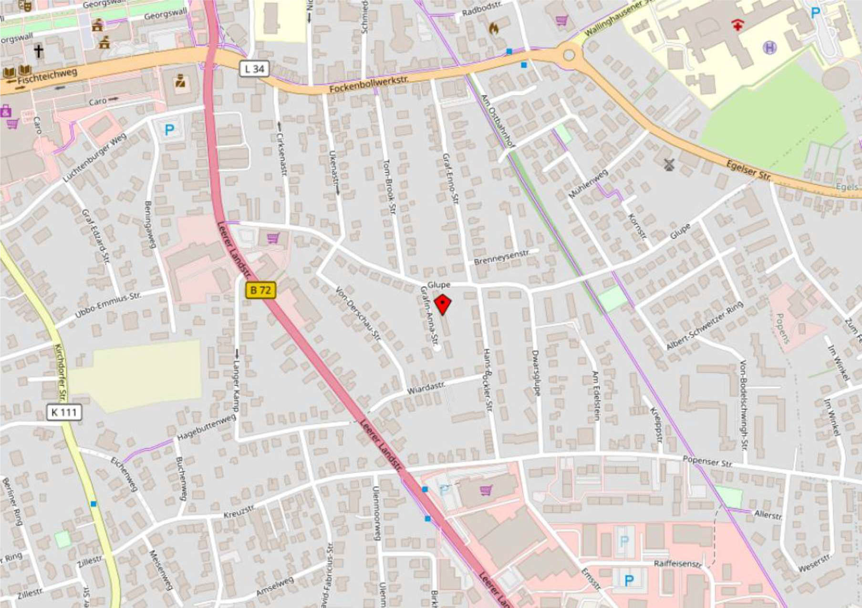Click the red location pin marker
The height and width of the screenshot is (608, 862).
443,304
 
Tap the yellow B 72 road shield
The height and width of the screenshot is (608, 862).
260,290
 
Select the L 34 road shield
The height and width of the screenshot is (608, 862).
254,69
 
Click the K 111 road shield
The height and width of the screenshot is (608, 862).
64,412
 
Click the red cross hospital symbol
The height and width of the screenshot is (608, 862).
737,25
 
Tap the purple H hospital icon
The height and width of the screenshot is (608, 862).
769,47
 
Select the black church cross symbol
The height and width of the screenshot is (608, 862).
38,51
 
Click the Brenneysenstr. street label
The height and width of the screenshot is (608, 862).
501,257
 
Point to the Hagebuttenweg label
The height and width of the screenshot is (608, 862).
207,427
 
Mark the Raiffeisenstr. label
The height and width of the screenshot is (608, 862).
677,564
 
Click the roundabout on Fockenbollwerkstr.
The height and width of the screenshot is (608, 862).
569,55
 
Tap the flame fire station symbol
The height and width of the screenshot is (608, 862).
493,28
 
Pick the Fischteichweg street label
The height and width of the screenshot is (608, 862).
47,77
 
